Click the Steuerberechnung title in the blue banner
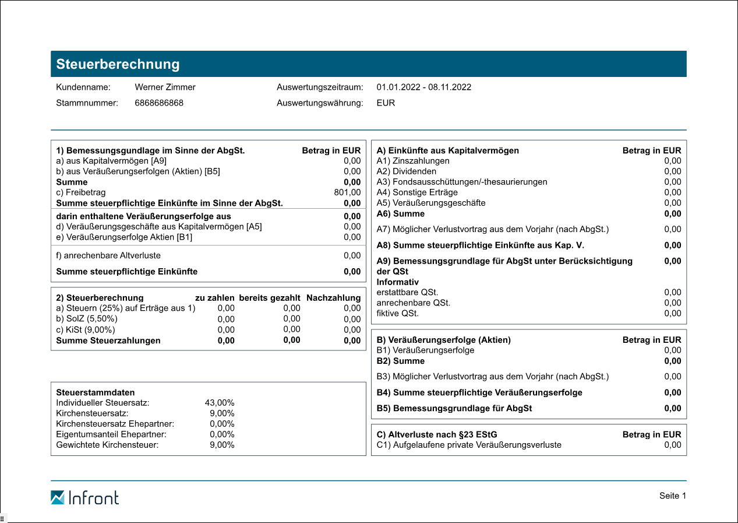(x=118, y=65)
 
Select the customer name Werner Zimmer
(x=165, y=87)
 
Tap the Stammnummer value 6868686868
(x=159, y=103)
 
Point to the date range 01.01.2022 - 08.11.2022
(x=423, y=87)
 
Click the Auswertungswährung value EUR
(x=386, y=103)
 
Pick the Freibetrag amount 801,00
(x=348, y=192)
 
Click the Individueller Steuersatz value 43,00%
(x=220, y=403)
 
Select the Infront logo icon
(x=58, y=497)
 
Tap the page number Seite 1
(x=673, y=496)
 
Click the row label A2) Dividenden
(x=406, y=171)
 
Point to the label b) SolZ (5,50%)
(x=87, y=319)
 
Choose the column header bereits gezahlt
(x=270, y=298)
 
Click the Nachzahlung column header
(x=333, y=298)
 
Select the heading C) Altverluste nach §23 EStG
(x=437, y=434)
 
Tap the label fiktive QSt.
(x=397, y=313)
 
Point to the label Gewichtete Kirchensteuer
(x=107, y=445)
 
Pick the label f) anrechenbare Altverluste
(x=108, y=255)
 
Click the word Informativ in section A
(x=397, y=282)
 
